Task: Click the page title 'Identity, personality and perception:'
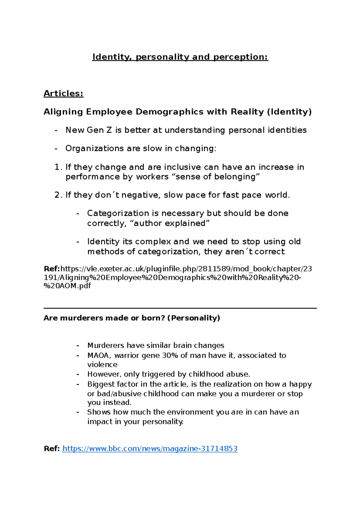[x=180, y=57]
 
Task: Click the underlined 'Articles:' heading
[x=63, y=94]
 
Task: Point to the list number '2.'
[x=58, y=195]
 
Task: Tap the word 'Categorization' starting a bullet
[x=118, y=213]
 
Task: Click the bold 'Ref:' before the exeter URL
[x=52, y=269]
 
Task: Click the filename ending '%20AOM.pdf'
[x=67, y=286]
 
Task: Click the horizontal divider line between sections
[x=180, y=308]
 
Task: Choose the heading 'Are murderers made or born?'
[x=104, y=318]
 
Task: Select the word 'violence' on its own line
[x=102, y=365]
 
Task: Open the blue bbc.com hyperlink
[x=150, y=449]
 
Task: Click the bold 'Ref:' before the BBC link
[x=52, y=449]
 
